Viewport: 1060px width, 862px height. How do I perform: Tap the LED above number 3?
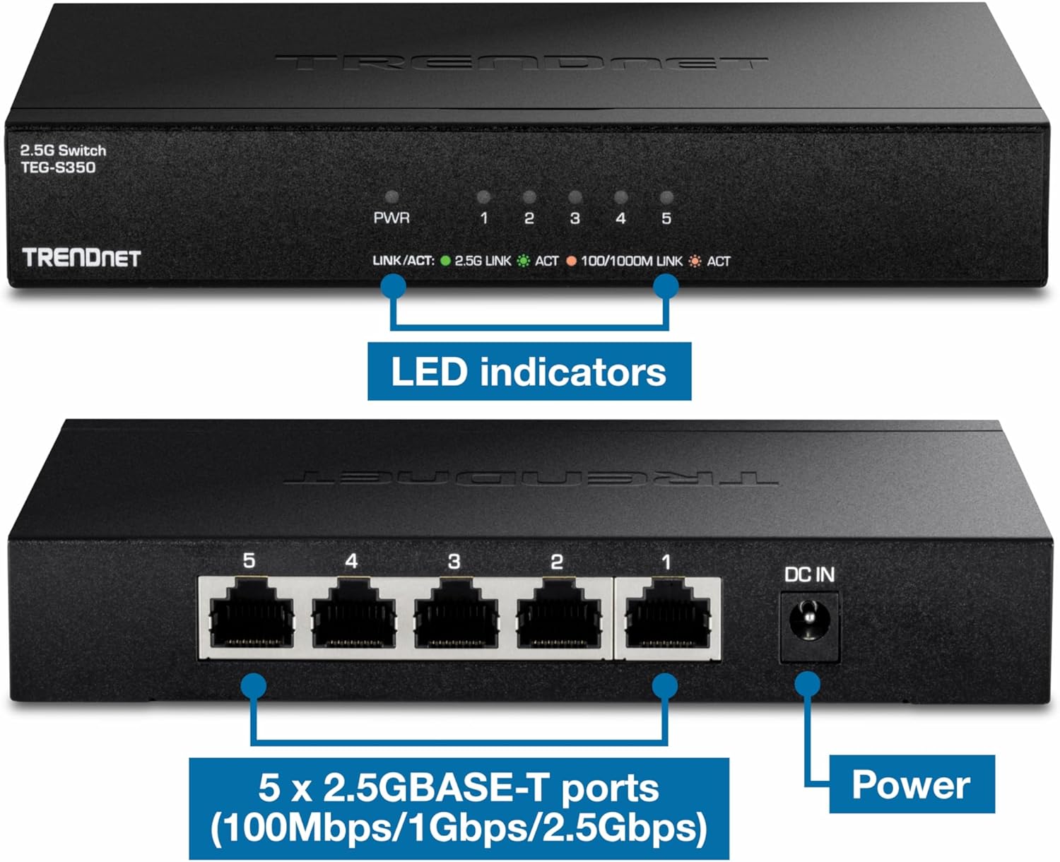click(x=575, y=197)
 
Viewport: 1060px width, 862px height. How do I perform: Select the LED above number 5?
click(x=666, y=197)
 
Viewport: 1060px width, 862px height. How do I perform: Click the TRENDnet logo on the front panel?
click(x=81, y=258)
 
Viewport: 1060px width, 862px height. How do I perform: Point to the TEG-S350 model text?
click(x=58, y=167)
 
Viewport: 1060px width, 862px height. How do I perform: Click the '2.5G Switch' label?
click(x=63, y=150)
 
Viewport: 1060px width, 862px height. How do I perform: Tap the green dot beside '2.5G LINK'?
click(x=445, y=261)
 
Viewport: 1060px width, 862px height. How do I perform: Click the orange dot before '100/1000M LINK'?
click(x=571, y=261)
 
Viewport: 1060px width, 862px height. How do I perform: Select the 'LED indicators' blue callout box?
click(x=529, y=372)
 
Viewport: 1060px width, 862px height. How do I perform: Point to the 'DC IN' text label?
click(x=809, y=575)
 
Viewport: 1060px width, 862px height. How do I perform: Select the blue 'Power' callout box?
click(x=910, y=784)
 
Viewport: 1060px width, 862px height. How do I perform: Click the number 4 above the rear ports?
click(x=351, y=562)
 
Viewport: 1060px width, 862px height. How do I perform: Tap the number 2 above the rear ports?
click(x=556, y=562)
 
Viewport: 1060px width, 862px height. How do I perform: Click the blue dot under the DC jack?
click(x=808, y=684)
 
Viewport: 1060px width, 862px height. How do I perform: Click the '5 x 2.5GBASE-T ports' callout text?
click(x=458, y=789)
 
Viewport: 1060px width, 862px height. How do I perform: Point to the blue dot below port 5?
click(x=254, y=685)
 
